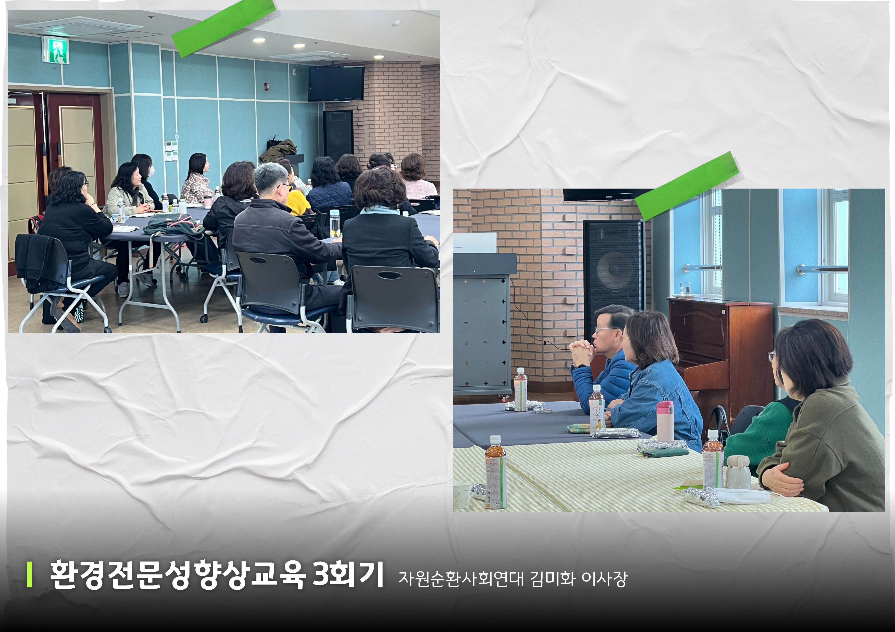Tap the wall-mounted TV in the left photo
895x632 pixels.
(336, 83)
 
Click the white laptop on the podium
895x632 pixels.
(475, 243)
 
